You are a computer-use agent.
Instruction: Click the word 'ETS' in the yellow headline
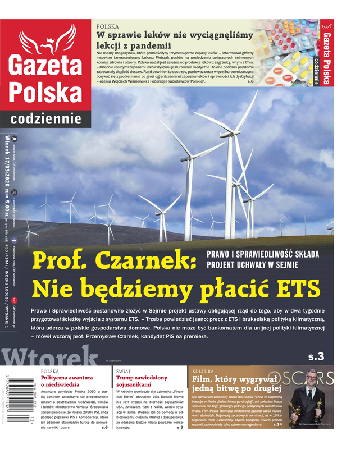pos(295,287)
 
